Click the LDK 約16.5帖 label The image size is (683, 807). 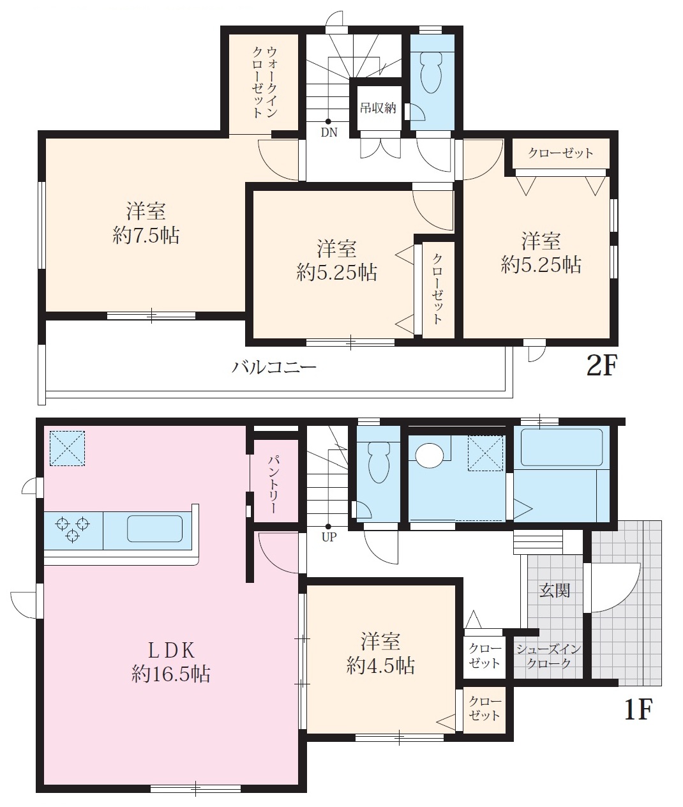coord(171,663)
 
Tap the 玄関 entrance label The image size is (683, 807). coord(555,591)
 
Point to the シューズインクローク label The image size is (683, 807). coord(549,656)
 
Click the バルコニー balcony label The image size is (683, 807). coord(274,367)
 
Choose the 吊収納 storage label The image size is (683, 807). coord(378,108)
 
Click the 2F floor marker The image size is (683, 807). coord(602,366)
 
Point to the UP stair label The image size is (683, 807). coord(329,537)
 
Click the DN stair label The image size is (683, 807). coord(329,133)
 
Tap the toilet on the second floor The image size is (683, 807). coord(432,72)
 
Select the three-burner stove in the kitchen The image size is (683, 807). coord(73,529)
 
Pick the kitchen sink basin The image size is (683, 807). coord(155,528)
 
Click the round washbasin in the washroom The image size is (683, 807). coord(430,455)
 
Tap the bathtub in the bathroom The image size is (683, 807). coord(562,447)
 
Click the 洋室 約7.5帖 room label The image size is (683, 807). coord(146,223)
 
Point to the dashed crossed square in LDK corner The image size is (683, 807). coord(67,448)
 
